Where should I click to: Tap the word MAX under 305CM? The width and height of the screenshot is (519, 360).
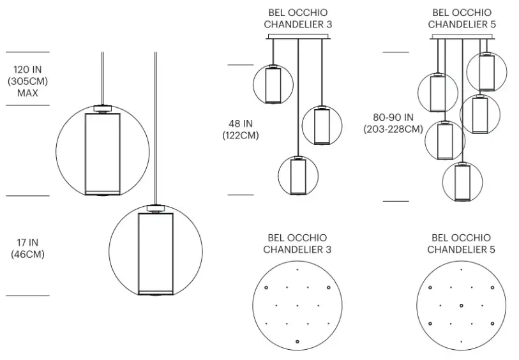coord(27,93)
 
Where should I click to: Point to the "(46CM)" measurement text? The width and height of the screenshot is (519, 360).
coord(27,254)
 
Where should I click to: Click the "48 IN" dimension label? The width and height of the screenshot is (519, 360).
coord(241,124)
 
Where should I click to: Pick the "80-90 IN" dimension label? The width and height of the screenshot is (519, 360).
coord(393,117)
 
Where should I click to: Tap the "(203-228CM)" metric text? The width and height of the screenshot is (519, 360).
coord(393,129)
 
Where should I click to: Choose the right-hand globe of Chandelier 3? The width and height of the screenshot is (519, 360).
coord(322,125)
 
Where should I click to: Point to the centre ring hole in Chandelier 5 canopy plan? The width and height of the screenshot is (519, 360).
coord(461,306)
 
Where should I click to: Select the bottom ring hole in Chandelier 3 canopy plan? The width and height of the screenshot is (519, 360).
coord(297,341)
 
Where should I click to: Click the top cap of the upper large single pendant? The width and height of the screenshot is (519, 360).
coord(102,108)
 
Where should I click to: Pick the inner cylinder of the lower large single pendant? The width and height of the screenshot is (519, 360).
coord(156,253)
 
